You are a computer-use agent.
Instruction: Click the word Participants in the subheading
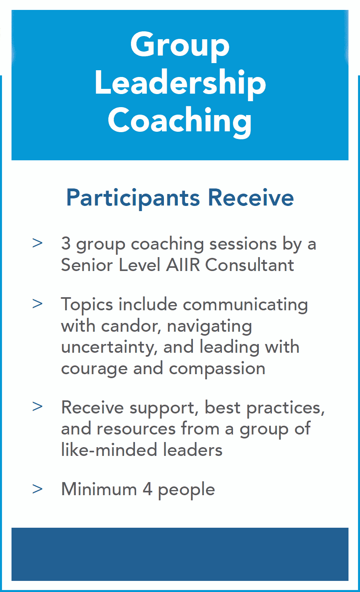133,198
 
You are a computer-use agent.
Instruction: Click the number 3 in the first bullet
66,243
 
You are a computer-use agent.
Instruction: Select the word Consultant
250,265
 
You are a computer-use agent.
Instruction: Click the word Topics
87,305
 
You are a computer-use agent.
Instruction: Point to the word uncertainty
109,348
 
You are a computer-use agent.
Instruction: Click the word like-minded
109,450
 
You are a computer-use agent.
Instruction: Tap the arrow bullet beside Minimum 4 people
37,489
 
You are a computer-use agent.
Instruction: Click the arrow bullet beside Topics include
37,304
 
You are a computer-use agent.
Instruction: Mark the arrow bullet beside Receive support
37,406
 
